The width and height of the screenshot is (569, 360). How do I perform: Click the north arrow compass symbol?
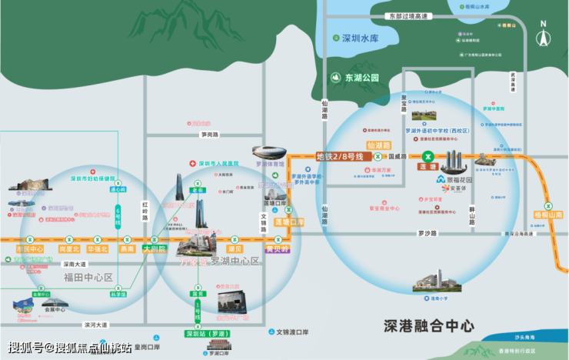tap(543, 35)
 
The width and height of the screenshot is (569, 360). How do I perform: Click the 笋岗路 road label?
tap(209, 134)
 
